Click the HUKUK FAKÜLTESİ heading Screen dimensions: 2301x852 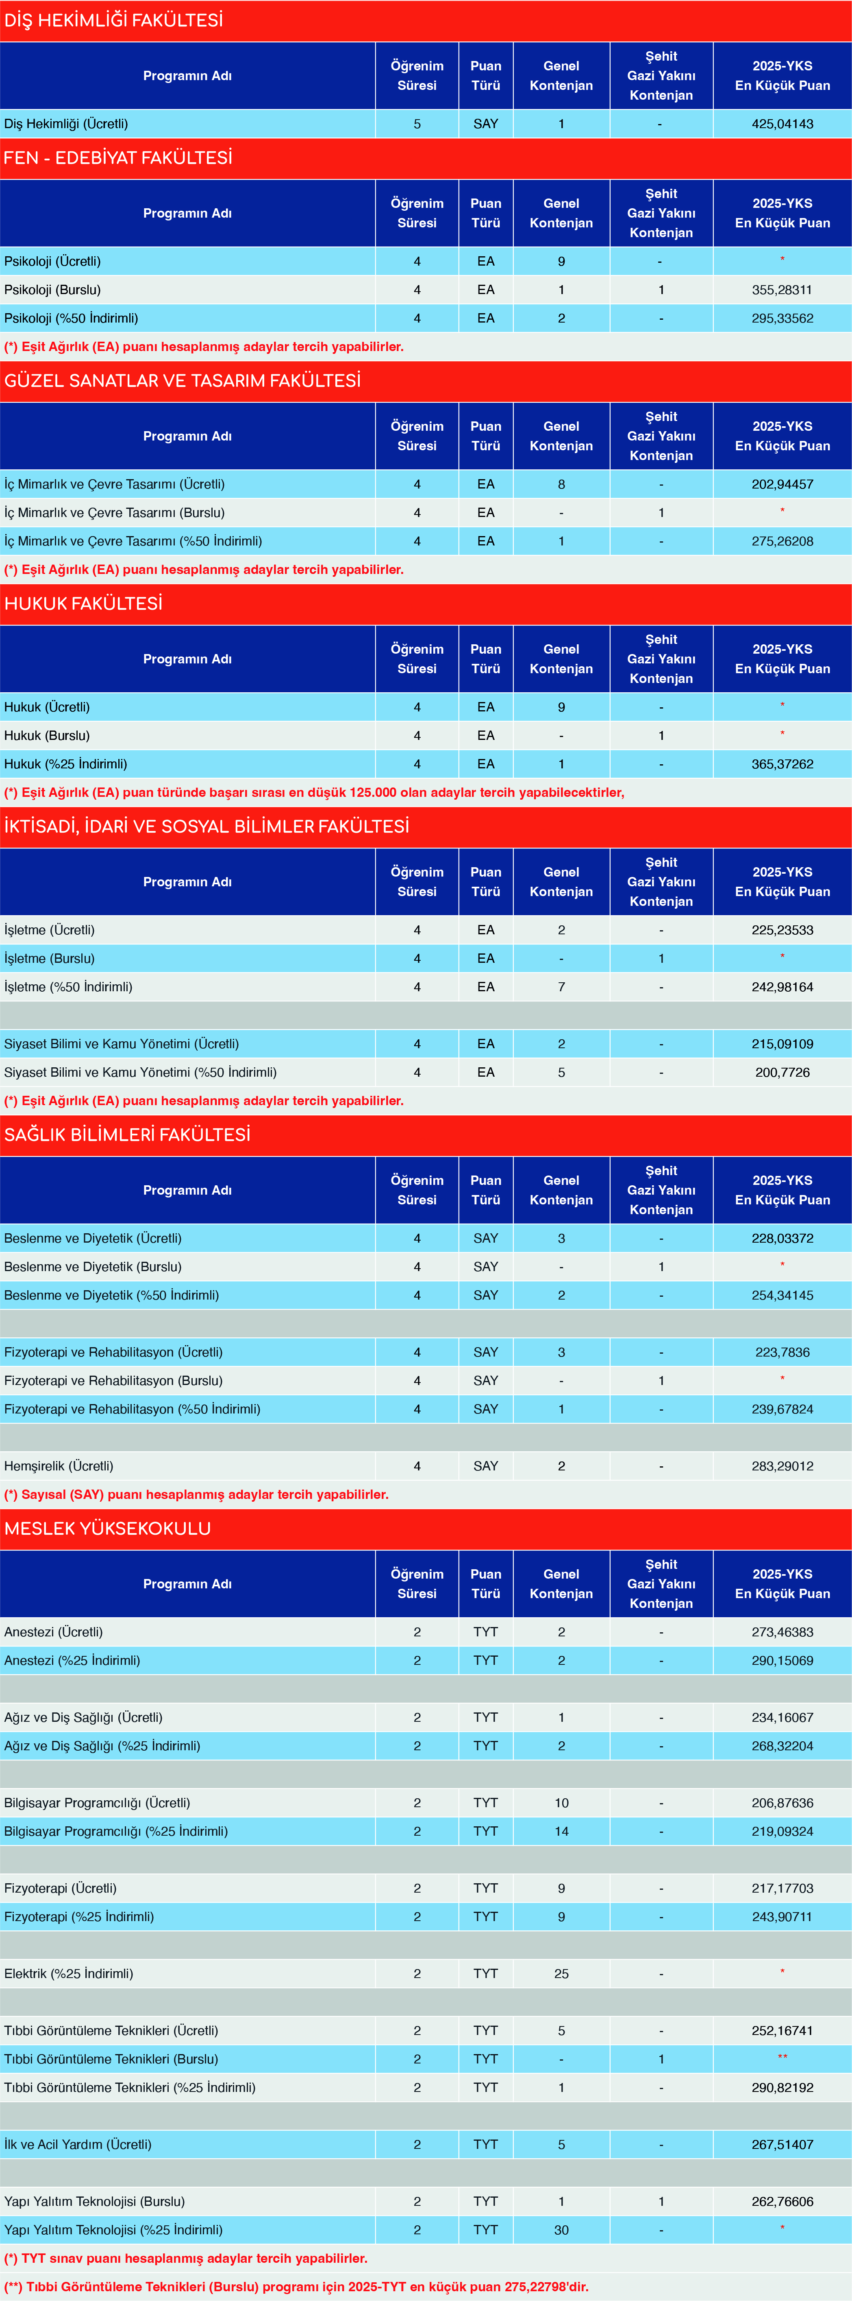pyautogui.click(x=83, y=604)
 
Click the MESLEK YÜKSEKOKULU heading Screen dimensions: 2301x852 pyautogui.click(x=107, y=1528)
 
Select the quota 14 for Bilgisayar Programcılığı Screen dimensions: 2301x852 pyautogui.click(x=561, y=1831)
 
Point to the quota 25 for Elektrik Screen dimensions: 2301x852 pyautogui.click(x=561, y=1973)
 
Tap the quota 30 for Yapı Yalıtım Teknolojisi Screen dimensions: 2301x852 pyautogui.click(x=561, y=2229)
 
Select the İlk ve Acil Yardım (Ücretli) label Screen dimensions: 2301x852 pyautogui.click(x=78, y=2144)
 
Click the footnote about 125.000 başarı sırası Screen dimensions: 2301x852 pyautogui.click(x=314, y=792)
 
